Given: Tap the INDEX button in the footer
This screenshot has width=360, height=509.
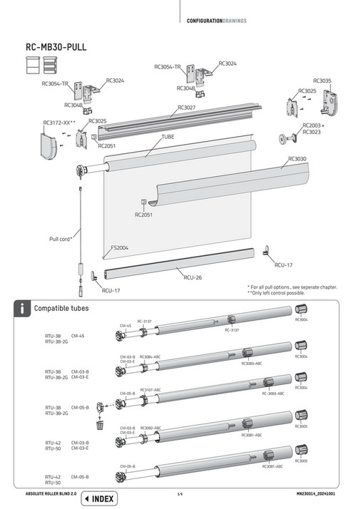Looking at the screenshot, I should (x=106, y=498).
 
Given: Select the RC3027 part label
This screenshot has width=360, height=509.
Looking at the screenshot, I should (x=187, y=108).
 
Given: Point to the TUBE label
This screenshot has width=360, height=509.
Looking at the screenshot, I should (x=168, y=135).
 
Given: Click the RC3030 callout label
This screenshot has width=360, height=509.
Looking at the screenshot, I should (x=297, y=159).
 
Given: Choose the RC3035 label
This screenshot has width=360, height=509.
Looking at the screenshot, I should (x=322, y=81).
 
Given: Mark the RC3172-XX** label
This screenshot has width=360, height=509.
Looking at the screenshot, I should (x=59, y=123).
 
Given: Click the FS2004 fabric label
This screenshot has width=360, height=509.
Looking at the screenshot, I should (x=119, y=248).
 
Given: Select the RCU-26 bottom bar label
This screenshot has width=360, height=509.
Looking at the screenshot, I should (x=192, y=277).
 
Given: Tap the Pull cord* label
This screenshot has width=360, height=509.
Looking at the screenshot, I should (x=61, y=240).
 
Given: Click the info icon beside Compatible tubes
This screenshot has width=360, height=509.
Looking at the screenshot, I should (x=24, y=309).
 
